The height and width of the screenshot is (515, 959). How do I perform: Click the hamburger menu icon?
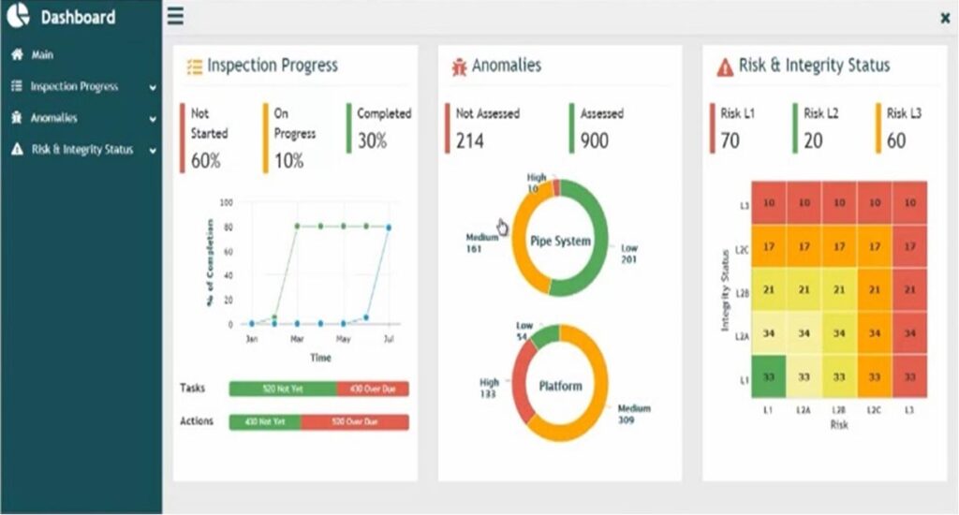point(175,17)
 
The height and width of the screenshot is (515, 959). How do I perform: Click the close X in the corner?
point(944,18)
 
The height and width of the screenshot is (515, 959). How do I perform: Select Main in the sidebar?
point(42,55)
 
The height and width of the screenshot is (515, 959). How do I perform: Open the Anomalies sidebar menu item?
point(53,119)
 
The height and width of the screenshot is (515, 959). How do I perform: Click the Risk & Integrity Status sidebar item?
point(81,150)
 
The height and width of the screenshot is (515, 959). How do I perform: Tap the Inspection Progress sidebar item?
point(74,87)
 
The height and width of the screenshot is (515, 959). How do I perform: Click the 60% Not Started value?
point(206,160)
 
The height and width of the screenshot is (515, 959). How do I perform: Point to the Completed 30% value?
point(371,140)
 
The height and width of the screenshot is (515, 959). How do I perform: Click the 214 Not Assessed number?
point(470,140)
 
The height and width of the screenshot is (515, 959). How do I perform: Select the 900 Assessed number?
point(594,140)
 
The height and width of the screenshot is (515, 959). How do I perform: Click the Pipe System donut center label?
point(560,241)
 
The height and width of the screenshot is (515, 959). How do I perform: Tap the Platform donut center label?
point(560,385)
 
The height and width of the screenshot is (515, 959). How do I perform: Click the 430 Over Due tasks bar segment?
point(373,389)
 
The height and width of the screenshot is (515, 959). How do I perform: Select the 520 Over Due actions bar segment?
point(355,422)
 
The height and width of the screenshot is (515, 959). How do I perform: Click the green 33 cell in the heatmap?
point(768,377)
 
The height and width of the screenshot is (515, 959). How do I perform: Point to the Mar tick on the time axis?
point(298,339)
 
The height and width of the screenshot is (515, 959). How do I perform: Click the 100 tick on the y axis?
point(226,202)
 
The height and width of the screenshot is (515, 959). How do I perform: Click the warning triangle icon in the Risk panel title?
point(725,66)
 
